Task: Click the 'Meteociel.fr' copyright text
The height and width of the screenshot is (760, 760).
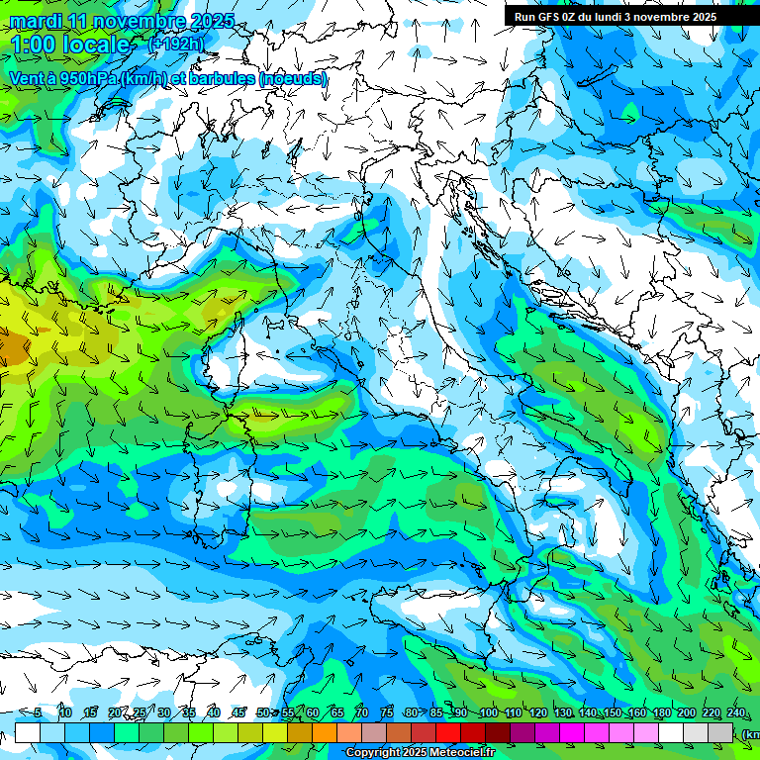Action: [x=460, y=753]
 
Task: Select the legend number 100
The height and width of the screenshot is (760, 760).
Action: [x=488, y=712]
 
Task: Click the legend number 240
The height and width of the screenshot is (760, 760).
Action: [x=735, y=712]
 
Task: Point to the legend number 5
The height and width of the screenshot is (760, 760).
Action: [x=38, y=712]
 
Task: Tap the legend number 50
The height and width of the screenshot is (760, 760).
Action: [x=262, y=712]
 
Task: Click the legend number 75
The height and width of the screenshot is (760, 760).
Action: [x=387, y=712]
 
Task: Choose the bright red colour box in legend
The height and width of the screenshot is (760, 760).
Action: [x=448, y=733]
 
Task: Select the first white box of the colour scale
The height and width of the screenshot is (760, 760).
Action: [x=28, y=733]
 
